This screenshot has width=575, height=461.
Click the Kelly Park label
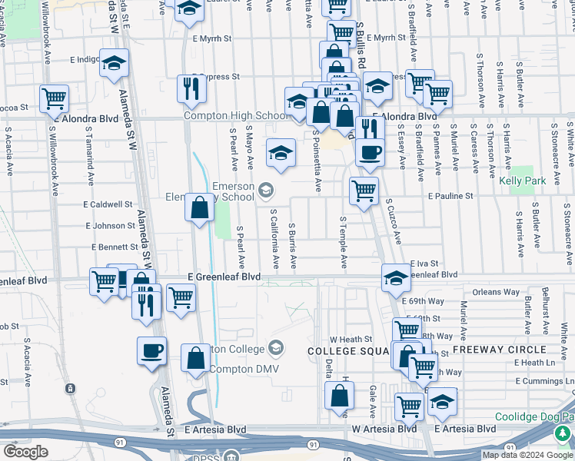522,181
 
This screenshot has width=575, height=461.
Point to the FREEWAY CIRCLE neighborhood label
489,350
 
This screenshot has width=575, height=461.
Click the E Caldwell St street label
108,205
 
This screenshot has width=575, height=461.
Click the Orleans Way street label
496,292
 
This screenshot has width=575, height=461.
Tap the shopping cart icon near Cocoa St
54,98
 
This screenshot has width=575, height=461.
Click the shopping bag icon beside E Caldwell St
199,207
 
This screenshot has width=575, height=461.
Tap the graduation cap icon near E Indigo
115,63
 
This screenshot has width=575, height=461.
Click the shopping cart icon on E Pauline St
364,189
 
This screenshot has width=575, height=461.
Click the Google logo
26,452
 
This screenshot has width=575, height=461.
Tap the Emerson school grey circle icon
265,189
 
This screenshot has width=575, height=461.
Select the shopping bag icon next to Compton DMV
196,357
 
